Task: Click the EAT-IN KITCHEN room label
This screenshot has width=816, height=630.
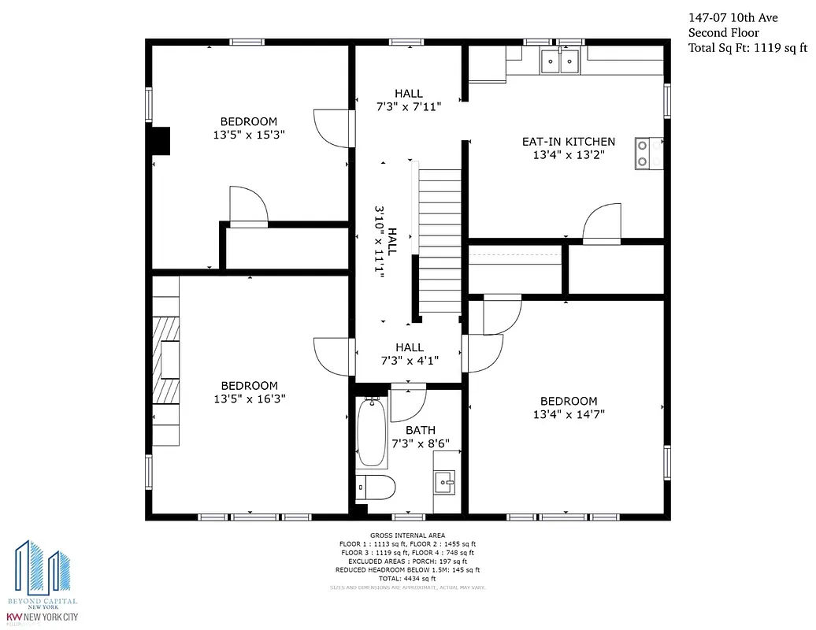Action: pos(568,142)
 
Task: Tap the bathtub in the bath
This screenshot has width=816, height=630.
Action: pos(370,433)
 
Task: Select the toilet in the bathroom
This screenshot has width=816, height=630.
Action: pos(375,487)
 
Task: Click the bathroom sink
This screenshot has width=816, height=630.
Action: pos(443,480)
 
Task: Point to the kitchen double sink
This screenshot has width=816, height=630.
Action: pos(560,60)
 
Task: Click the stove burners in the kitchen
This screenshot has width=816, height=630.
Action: pos(648,153)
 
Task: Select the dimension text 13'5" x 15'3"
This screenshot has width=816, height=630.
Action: pos(248,135)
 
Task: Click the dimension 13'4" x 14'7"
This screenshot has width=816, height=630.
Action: pos(568,414)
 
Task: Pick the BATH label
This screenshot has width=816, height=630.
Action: pos(421,430)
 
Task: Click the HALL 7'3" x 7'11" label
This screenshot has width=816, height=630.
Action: pos(409,100)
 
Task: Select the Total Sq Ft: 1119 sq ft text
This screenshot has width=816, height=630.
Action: pos(748,47)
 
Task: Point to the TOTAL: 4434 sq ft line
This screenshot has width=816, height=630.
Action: pos(407,578)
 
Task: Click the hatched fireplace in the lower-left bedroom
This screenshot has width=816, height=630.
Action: pos(166,370)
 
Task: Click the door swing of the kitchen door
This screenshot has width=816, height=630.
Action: pos(602,221)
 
